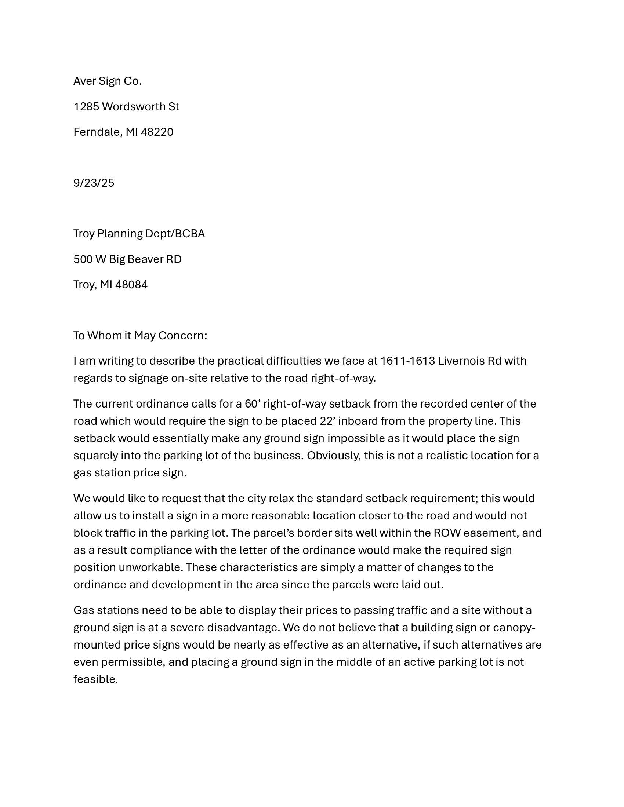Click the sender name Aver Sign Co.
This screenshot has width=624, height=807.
tap(107, 81)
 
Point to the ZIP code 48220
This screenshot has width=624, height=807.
tap(157, 132)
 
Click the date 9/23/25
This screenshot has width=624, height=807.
tap(94, 183)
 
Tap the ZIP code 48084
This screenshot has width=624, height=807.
tap(131, 285)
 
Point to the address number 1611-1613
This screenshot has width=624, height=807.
tap(407, 361)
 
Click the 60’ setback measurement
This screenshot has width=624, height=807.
tap(253, 404)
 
